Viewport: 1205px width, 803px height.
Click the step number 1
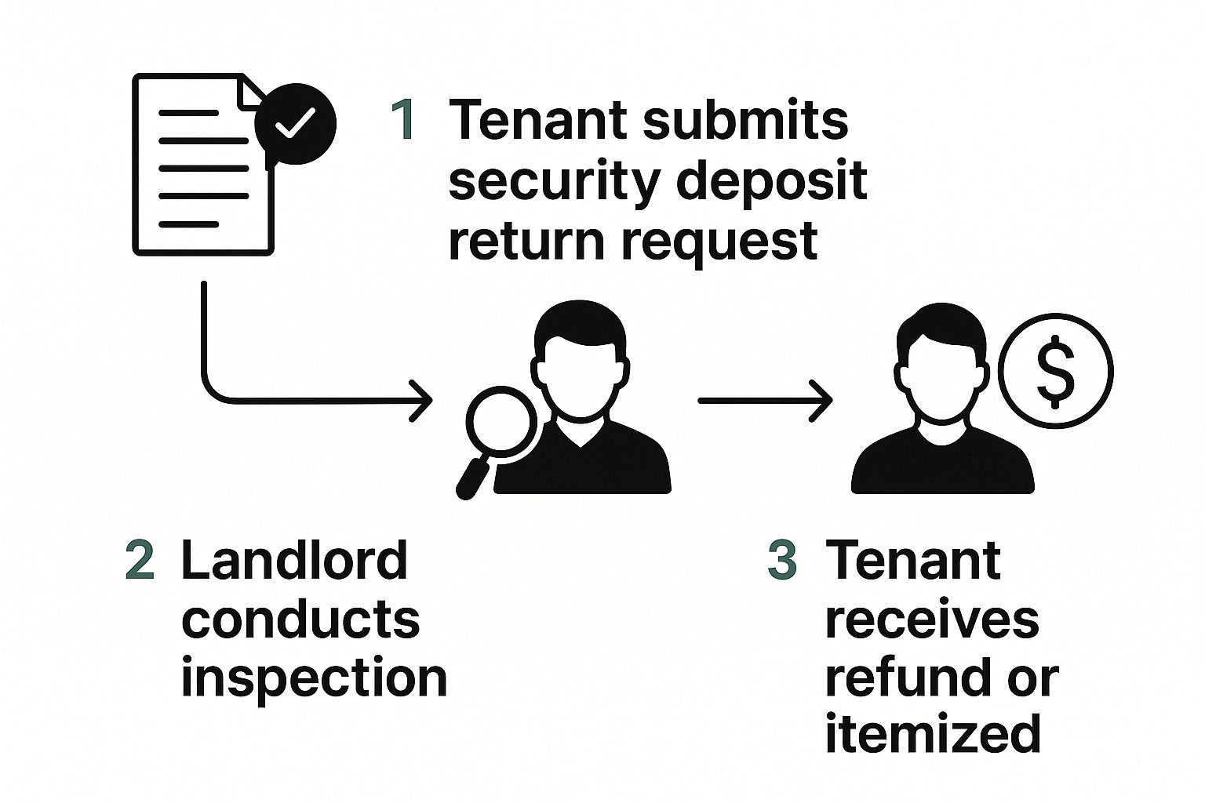pyautogui.click(x=404, y=121)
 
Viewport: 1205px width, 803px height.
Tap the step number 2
pyautogui.click(x=140, y=560)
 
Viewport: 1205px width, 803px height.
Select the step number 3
pyautogui.click(x=782, y=560)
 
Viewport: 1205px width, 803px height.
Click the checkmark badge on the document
pyautogui.click(x=295, y=123)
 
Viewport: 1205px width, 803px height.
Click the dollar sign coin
pyautogui.click(x=1057, y=371)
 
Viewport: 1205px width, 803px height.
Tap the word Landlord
pyautogui.click(x=294, y=560)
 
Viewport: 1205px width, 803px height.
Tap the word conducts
pyautogui.click(x=300, y=619)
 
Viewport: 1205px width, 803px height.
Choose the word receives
pyautogui.click(x=932, y=619)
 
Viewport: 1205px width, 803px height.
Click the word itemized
pyautogui.click(x=933, y=734)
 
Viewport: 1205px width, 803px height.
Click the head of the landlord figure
pyautogui.click(x=581, y=360)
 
